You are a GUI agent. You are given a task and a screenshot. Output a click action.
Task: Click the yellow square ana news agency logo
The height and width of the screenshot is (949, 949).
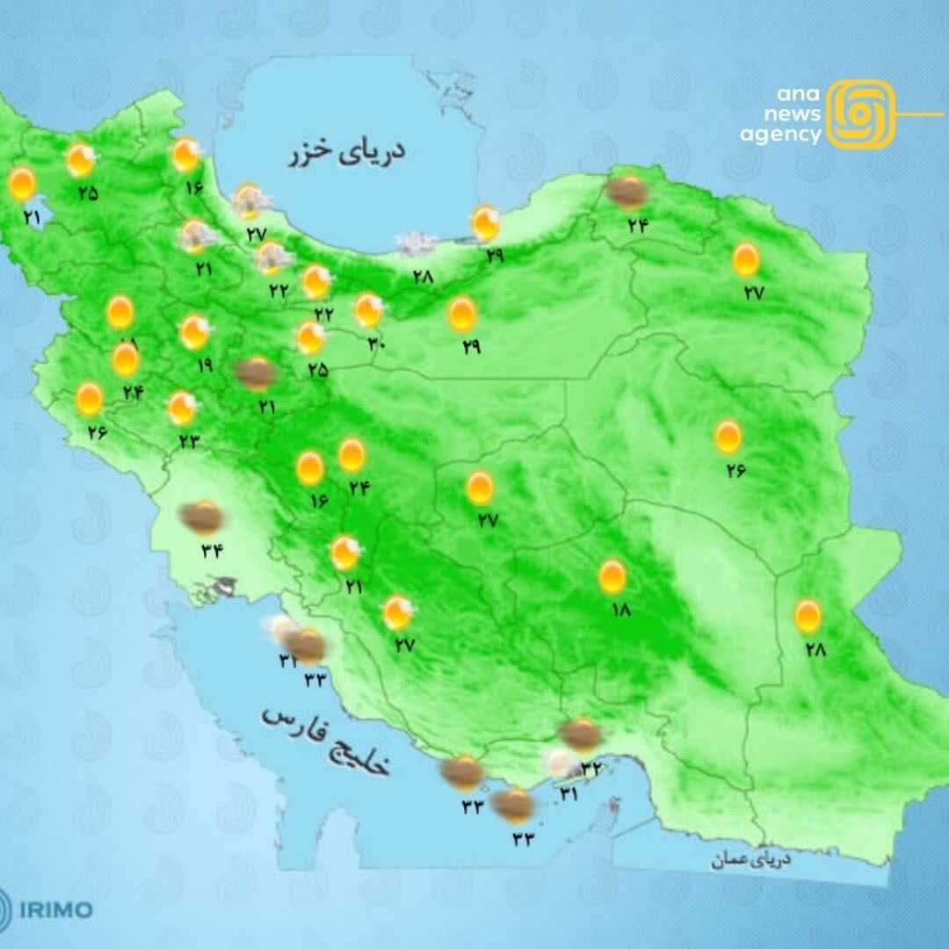(861, 114)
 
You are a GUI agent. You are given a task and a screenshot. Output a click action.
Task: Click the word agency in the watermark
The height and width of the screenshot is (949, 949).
(779, 135)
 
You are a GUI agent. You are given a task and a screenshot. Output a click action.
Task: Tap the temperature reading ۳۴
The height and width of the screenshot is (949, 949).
(211, 552)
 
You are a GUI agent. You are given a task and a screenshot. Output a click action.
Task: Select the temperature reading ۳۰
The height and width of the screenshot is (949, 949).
(377, 344)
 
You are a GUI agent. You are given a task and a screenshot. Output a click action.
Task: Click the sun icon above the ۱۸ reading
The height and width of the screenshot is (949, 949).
(612, 576)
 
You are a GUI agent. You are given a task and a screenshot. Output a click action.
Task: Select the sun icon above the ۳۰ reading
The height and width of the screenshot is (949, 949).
(368, 310)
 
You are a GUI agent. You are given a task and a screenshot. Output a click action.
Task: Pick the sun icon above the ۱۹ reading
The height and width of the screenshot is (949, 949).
(194, 332)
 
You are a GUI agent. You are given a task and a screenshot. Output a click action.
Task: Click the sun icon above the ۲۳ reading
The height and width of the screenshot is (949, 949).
(182, 408)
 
